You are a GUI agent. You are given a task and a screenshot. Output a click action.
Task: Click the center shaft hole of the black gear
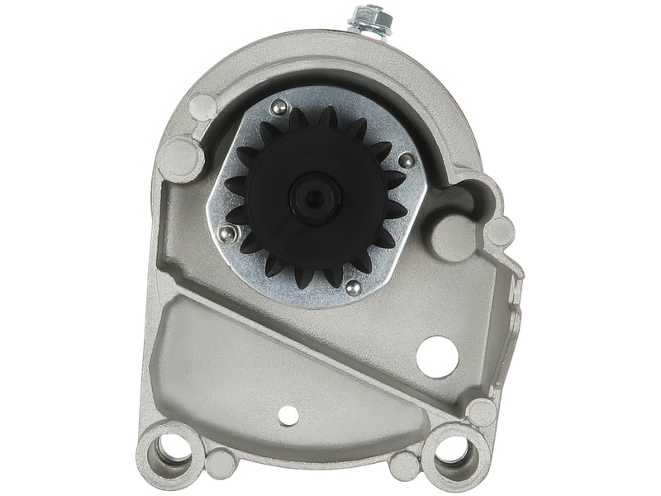pos(315,198)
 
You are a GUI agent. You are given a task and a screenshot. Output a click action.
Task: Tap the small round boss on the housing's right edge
pos(502,231)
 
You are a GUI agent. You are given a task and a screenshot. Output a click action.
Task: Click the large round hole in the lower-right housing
pos(437,356)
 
